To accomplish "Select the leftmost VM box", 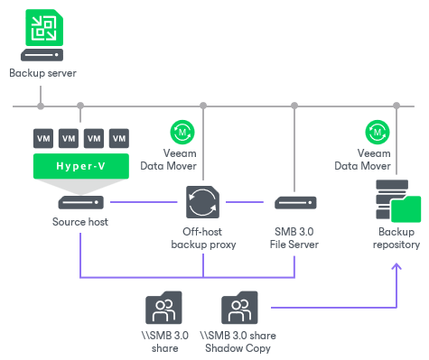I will (42, 139).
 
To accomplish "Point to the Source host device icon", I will (80, 201).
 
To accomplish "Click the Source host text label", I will (80, 222).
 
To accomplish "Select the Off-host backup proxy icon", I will (202, 202).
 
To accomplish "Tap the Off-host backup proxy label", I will (202, 238).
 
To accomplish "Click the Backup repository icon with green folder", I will (396, 201).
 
